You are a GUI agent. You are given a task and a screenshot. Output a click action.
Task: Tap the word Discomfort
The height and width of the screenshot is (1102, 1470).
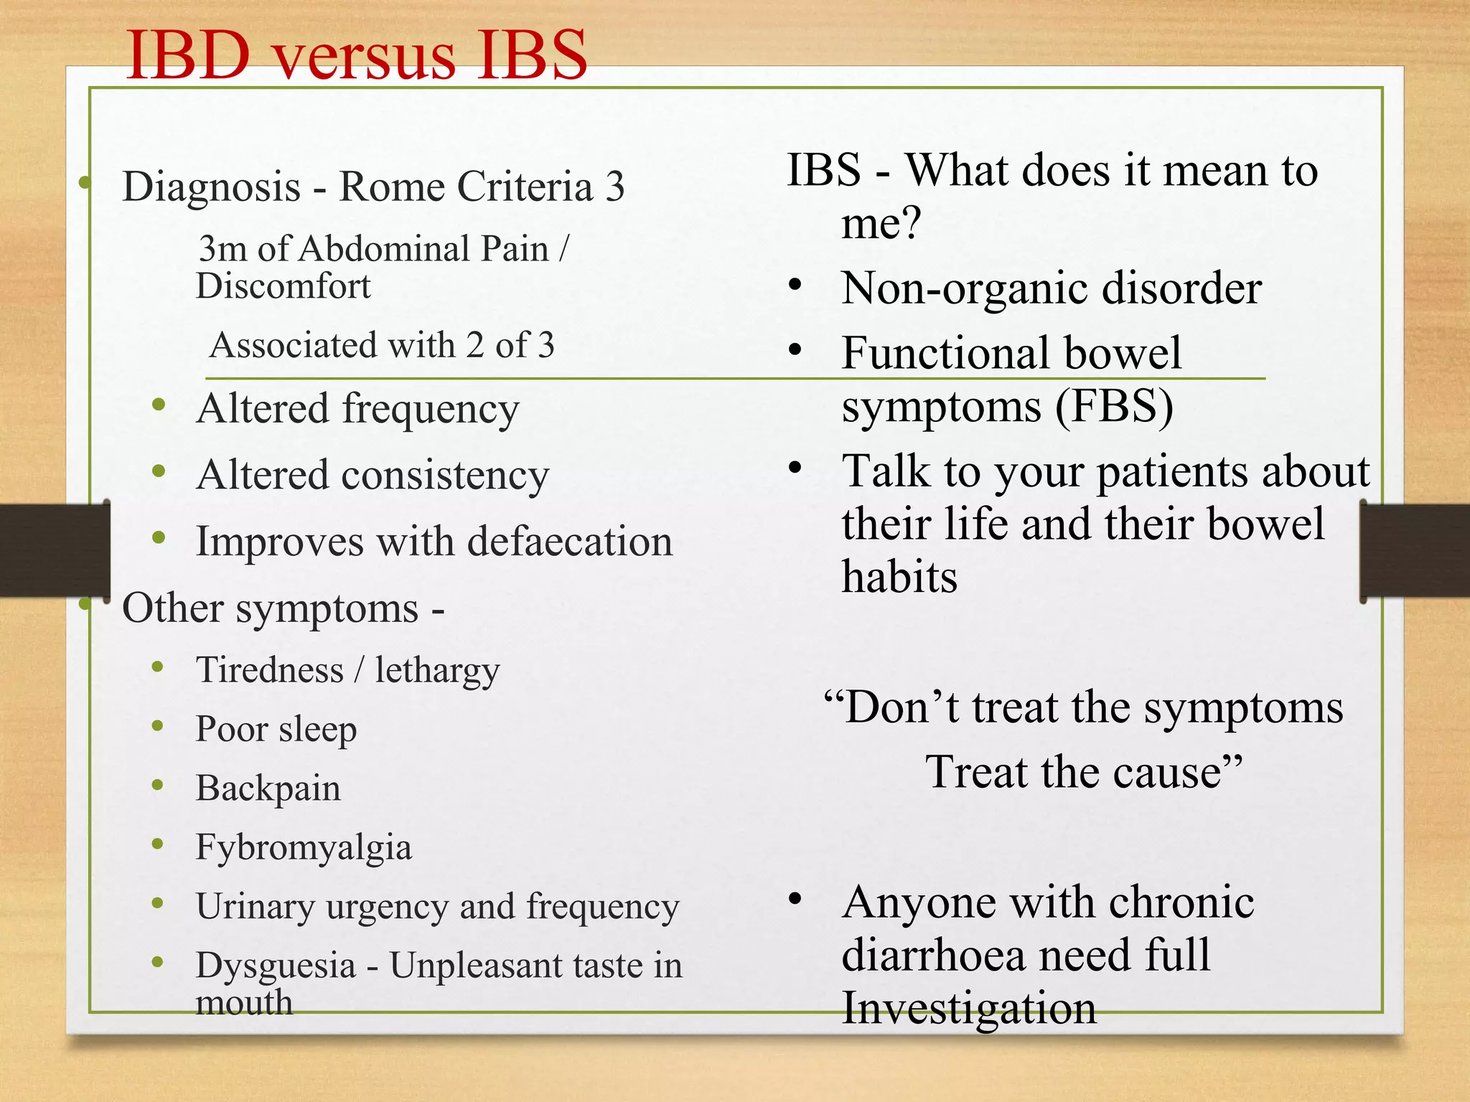coord(283,286)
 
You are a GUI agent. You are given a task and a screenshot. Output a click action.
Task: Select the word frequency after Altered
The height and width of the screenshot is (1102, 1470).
coord(430,410)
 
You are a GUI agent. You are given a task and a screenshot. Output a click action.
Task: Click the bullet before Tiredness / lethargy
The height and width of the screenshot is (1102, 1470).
coord(158,667)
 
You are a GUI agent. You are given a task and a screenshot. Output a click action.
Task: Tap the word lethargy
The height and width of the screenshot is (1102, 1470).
coord(436,671)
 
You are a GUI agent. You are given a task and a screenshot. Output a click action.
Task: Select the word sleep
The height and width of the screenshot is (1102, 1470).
coord(317,730)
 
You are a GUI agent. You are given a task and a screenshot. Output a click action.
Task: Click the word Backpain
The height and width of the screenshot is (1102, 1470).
coord(268,788)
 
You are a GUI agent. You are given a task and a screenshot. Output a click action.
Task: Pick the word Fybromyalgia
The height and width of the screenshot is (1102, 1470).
coord(304,847)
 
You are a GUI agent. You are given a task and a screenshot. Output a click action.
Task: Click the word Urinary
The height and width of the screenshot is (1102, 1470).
coord(255,906)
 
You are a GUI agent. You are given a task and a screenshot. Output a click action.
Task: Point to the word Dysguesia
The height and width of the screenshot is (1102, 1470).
coord(276,966)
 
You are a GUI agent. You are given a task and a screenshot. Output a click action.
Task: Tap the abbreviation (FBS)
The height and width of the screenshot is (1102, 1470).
coord(1114,407)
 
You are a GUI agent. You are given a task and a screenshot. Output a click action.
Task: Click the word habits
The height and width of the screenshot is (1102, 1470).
coord(899,577)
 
